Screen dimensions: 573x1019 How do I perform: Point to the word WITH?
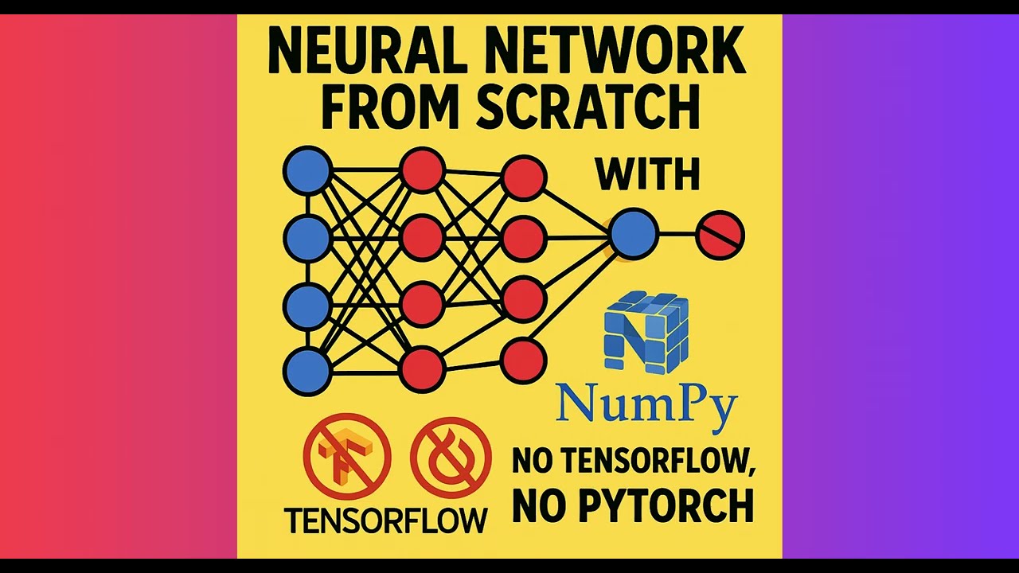(647, 174)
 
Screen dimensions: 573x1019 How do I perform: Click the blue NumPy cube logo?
(646, 332)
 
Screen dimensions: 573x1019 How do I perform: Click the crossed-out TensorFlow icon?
(347, 456)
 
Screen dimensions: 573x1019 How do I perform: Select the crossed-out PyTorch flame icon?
(451, 456)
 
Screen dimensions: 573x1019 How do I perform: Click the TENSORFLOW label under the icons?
(386, 521)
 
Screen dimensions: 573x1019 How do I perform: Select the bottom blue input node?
(307, 372)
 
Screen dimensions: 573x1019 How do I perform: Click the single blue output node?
(634, 235)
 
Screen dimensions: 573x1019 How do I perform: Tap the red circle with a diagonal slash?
(720, 236)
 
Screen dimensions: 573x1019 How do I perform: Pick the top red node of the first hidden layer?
(422, 170)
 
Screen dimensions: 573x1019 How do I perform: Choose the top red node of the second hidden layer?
(524, 177)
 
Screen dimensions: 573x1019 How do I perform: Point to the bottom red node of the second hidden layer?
(524, 361)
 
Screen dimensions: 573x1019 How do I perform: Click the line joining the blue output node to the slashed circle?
(677, 235)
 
